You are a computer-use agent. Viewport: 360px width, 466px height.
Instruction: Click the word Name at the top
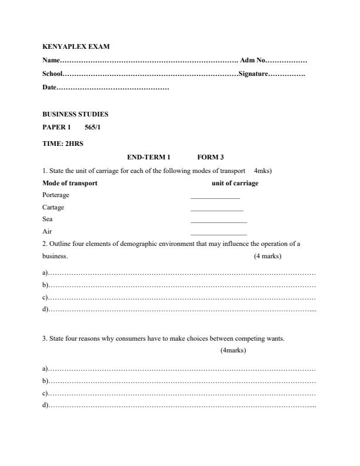click(51, 61)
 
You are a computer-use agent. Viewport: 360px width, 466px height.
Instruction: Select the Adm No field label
click(254, 61)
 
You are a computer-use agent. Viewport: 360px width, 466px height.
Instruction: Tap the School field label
click(52, 74)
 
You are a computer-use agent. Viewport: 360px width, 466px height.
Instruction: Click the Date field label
click(49, 88)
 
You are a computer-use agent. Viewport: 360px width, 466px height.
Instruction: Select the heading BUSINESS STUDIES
click(75, 114)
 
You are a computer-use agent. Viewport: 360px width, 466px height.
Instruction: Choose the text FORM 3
click(211, 157)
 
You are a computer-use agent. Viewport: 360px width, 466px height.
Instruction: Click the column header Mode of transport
click(70, 183)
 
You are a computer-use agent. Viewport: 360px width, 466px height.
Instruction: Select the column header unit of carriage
click(235, 183)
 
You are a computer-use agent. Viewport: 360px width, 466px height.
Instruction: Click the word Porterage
click(56, 195)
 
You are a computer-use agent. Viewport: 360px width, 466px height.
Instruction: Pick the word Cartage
click(54, 207)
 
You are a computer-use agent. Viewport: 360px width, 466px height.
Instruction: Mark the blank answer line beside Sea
click(218, 222)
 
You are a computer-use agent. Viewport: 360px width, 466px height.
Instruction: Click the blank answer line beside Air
click(218, 234)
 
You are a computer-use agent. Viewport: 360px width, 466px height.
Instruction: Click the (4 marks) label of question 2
click(268, 257)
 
